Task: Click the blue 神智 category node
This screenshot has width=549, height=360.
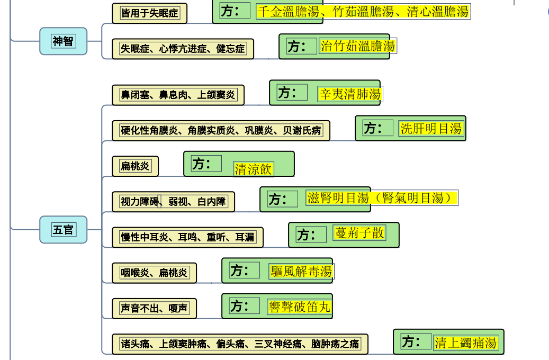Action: pyautogui.click(x=63, y=41)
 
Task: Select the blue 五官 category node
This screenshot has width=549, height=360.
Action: pyautogui.click(x=63, y=230)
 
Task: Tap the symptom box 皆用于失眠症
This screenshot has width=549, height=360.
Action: pyautogui.click(x=149, y=13)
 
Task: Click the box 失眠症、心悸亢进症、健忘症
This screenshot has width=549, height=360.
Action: pyautogui.click(x=183, y=49)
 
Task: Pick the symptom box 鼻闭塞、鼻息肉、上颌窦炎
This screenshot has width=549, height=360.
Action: pyautogui.click(x=178, y=95)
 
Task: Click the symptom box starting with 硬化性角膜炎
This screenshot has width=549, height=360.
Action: pyautogui.click(x=221, y=131)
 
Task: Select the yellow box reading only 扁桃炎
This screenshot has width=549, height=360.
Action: pyautogui.click(x=135, y=166)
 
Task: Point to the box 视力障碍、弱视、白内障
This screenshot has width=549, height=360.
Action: pyautogui.click(x=173, y=202)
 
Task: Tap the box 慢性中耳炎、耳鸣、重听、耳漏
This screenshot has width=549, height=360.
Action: pyautogui.click(x=187, y=237)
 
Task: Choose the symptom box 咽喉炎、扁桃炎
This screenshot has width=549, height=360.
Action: pyautogui.click(x=154, y=273)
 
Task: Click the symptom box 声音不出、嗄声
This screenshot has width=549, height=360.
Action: pyautogui.click(x=154, y=309)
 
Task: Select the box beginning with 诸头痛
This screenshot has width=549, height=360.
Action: pyautogui.click(x=240, y=344)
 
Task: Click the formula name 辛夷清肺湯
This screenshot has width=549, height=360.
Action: pyautogui.click(x=350, y=94)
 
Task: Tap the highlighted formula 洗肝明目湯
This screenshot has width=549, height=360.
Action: pyautogui.click(x=431, y=129)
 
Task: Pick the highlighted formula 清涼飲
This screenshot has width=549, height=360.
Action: pyautogui.click(x=253, y=169)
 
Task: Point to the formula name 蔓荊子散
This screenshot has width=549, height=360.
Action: pyautogui.click(x=359, y=233)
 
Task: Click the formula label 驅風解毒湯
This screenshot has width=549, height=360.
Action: pyautogui.click(x=301, y=272)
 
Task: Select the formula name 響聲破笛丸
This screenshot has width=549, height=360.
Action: pyautogui.click(x=300, y=307)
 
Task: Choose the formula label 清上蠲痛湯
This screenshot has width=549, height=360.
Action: pyautogui.click(x=466, y=343)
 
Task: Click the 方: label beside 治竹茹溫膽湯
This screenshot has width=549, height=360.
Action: pyautogui.click(x=297, y=46)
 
